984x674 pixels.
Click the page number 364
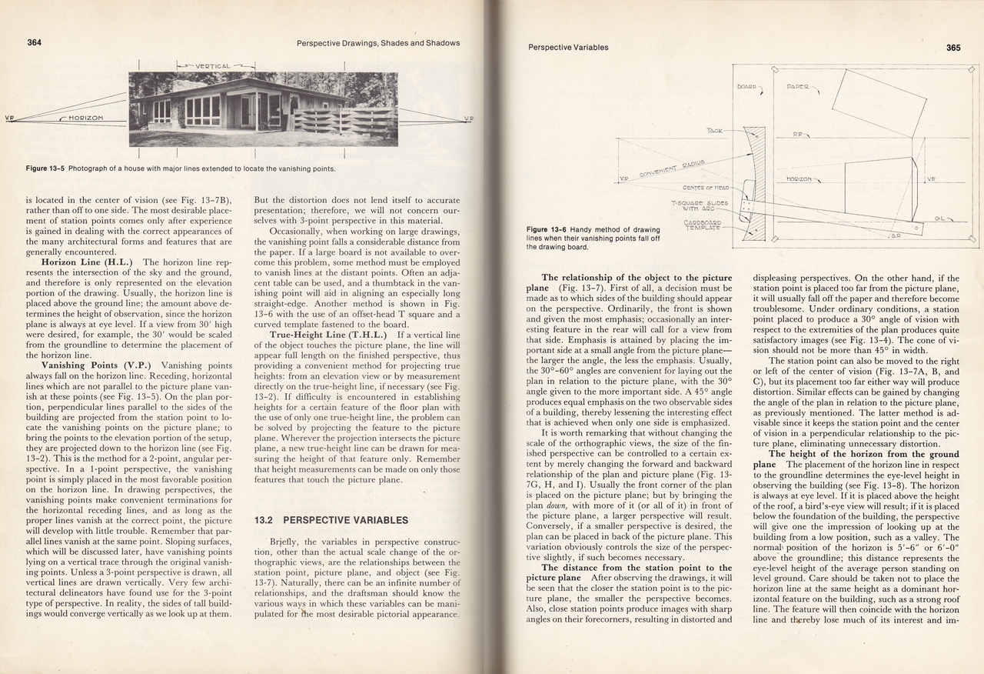pos(34,42)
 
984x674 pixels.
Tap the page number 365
pos(953,47)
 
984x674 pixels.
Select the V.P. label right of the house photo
pos(468,118)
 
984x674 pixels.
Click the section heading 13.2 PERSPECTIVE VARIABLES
pos(331,520)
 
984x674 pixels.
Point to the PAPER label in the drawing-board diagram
pos(799,87)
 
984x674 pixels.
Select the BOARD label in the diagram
pos(746,86)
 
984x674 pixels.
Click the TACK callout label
pos(714,131)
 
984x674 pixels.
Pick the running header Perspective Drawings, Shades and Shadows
pos(378,43)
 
